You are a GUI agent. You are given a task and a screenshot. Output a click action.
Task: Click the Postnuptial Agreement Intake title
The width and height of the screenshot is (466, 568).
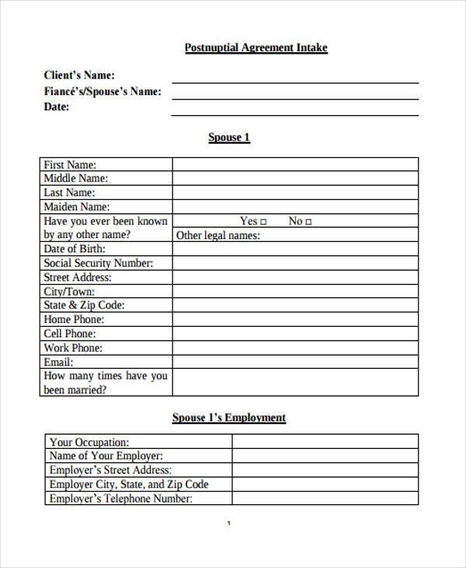coord(256,48)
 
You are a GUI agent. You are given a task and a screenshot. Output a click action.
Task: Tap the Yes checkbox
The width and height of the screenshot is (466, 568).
coord(265,222)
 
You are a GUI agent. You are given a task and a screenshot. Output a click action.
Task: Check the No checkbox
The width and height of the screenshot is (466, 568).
coord(308,222)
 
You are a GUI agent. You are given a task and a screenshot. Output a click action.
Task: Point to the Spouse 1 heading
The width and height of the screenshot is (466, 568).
coord(229,138)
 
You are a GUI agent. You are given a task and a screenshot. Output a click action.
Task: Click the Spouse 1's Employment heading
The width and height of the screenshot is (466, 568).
coord(229,418)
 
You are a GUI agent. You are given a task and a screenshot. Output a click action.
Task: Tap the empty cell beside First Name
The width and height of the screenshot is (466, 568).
coord(295,165)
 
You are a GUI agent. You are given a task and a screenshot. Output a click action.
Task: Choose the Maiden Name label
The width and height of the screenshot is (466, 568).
coord(77,207)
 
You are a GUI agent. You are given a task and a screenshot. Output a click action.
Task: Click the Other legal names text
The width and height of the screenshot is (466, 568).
coord(218,236)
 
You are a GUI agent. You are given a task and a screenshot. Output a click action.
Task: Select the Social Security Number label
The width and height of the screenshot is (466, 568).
coord(99,263)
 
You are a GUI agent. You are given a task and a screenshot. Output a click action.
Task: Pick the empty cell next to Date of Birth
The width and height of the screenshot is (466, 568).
coord(295,249)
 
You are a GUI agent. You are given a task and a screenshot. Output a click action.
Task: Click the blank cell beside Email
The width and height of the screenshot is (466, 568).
coord(295,363)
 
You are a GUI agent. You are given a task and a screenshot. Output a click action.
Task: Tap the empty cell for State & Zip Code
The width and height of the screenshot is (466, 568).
coord(295,306)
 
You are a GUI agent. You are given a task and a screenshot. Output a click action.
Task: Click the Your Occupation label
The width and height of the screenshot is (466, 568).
coord(89,442)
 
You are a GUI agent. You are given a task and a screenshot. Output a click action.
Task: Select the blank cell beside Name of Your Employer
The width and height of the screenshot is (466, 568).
coord(325,456)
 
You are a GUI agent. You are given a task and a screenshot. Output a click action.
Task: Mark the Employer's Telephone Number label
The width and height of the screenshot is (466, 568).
coord(120,499)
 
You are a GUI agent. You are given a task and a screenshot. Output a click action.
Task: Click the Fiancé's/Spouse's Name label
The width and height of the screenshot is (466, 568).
coord(103,91)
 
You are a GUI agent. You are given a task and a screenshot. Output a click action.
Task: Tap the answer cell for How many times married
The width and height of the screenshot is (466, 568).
coord(295,383)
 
